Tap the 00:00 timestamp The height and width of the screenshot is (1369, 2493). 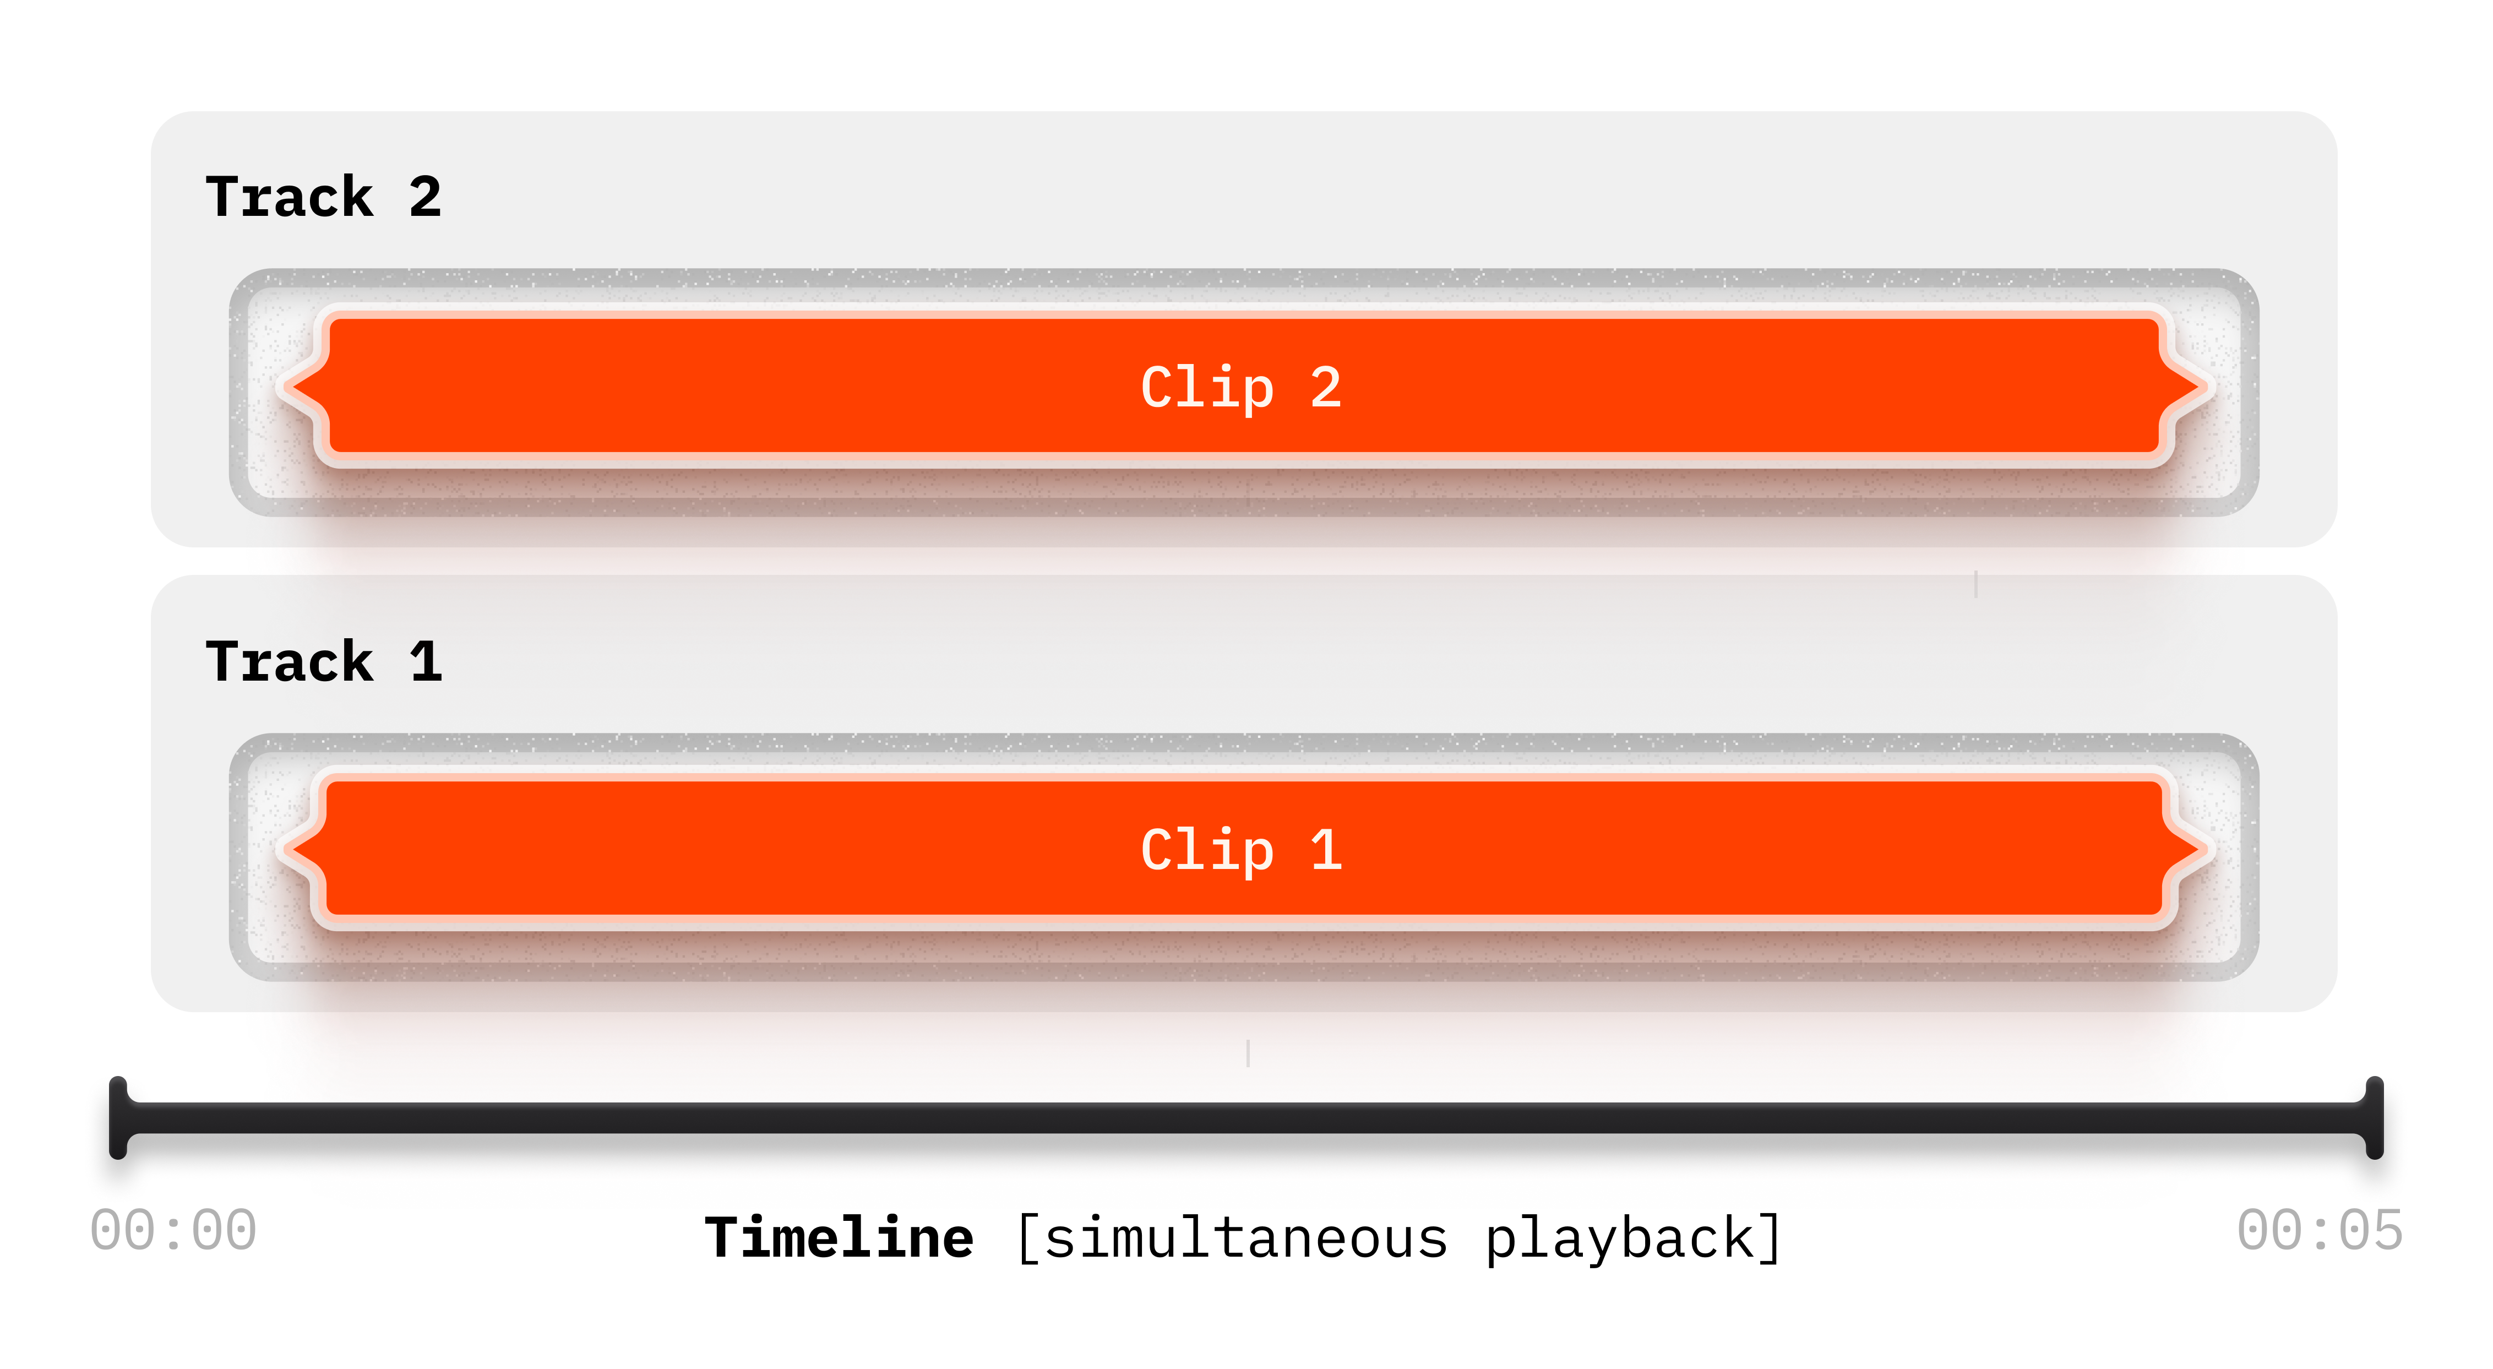173,1231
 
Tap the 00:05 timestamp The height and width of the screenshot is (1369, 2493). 2320,1231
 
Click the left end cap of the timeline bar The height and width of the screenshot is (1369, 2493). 118,1117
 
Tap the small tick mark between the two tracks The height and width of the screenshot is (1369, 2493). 1976,584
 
